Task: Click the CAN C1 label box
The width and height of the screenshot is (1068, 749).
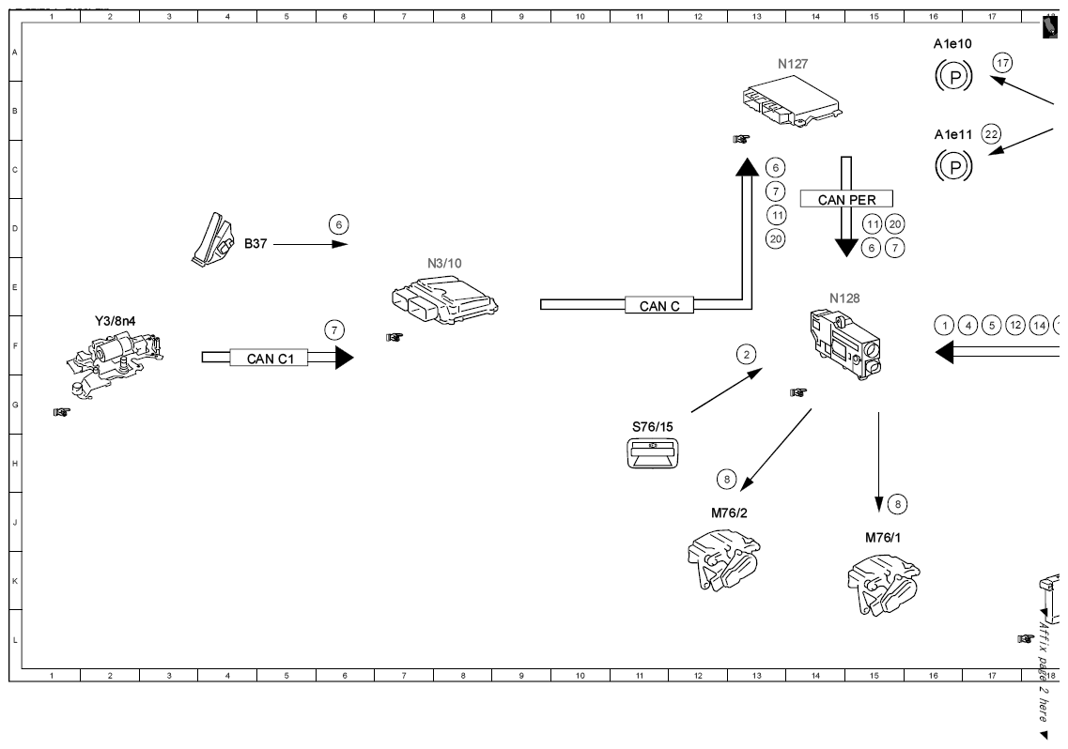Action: coord(269,358)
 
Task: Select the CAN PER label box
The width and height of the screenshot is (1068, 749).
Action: coord(846,199)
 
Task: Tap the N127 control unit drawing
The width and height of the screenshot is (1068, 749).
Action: coord(792,103)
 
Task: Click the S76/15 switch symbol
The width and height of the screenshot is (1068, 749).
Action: coord(653,453)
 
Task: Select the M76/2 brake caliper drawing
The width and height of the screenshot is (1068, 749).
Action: coord(723,559)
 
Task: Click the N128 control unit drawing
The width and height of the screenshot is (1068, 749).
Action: coord(845,344)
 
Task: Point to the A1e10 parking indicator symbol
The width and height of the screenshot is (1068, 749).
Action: coord(953,76)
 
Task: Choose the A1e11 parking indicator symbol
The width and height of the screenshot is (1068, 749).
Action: coord(953,166)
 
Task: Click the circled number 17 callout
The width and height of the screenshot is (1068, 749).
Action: coord(1002,63)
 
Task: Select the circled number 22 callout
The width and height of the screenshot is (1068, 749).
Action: coord(991,134)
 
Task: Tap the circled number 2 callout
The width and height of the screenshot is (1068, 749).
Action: coord(747,354)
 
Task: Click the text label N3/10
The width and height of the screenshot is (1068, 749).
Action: coord(445,264)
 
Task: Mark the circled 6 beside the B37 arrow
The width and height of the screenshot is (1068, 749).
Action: coord(338,224)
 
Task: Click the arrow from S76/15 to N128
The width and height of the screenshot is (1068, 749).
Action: coord(727,390)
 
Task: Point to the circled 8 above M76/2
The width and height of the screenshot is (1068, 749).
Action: coord(727,480)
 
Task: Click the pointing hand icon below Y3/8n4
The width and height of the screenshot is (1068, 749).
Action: coord(61,412)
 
